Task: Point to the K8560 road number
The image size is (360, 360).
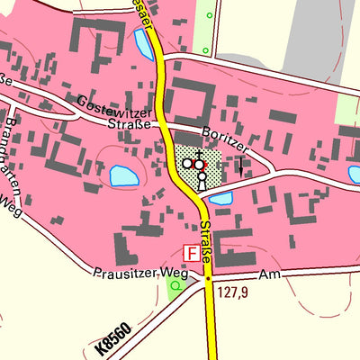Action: click(112, 337)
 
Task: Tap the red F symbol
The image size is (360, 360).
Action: click(190, 255)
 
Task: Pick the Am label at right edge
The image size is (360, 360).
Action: click(266, 273)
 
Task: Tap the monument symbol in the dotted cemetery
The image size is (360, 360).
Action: click(202, 181)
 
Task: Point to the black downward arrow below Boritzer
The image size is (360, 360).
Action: click(240, 166)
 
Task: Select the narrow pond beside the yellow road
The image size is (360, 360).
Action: click(143, 42)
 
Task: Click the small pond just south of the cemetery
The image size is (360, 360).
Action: click(220, 197)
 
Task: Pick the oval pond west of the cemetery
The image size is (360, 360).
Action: click(121, 176)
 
